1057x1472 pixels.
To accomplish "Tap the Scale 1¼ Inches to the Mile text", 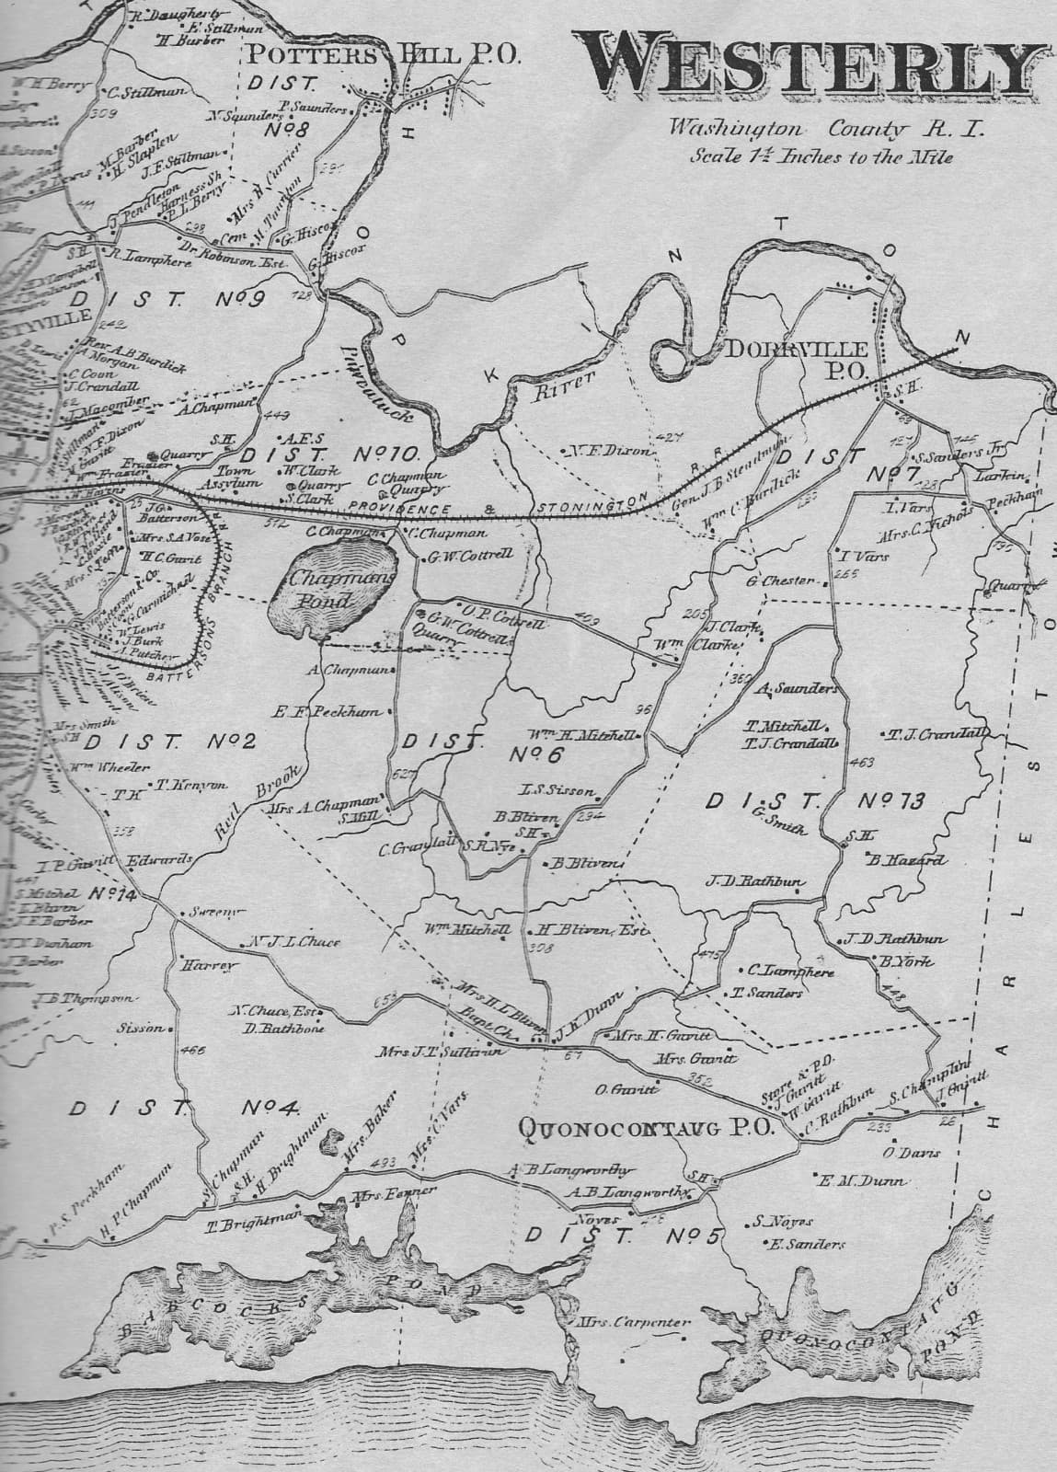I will pos(821,155).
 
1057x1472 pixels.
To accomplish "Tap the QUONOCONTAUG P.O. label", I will pos(649,1129).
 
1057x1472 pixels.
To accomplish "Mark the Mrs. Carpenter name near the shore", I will pos(634,1323).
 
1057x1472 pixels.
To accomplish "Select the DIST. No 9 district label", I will pos(167,299).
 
